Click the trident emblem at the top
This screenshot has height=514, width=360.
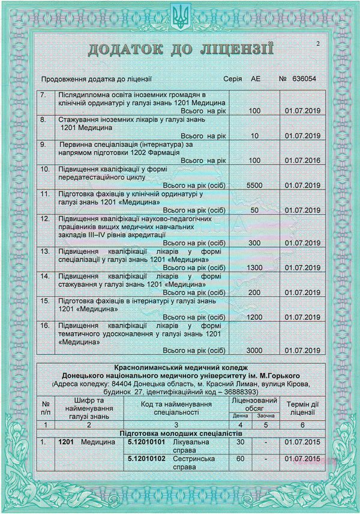pos(180,16)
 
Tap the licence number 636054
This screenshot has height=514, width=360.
pos(305,79)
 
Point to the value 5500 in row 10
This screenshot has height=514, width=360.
pos(254,186)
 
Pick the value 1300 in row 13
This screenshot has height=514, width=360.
pos(254,267)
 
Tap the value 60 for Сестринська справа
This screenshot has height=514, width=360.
pos(241,458)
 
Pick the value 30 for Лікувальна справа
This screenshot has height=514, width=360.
pos(241,442)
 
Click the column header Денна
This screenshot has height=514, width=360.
pos(241,415)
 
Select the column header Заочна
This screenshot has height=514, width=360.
pos(266,415)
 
